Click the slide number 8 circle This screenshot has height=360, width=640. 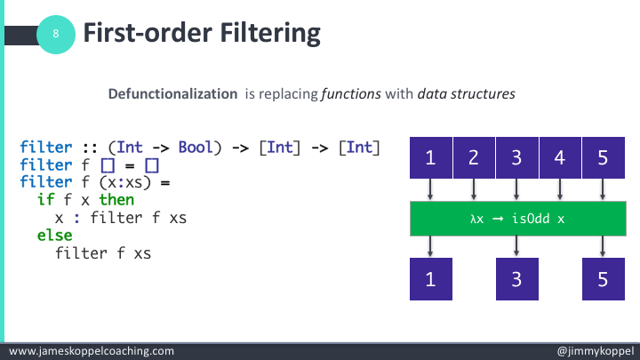click(x=56, y=35)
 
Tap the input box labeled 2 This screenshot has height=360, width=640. click(x=474, y=159)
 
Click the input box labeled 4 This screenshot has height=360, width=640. click(x=560, y=159)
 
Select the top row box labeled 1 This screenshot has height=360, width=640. click(x=431, y=159)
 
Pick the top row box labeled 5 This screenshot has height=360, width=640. click(x=604, y=159)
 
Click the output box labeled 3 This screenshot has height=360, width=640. click(x=517, y=277)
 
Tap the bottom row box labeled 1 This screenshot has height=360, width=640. click(x=431, y=277)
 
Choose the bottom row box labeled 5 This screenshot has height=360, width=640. click(x=604, y=277)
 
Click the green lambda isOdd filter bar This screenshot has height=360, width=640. click(x=517, y=219)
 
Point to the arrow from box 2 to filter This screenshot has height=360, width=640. click(x=474, y=190)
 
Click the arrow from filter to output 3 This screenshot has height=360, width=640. click(x=517, y=246)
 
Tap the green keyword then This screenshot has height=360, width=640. click(x=116, y=201)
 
